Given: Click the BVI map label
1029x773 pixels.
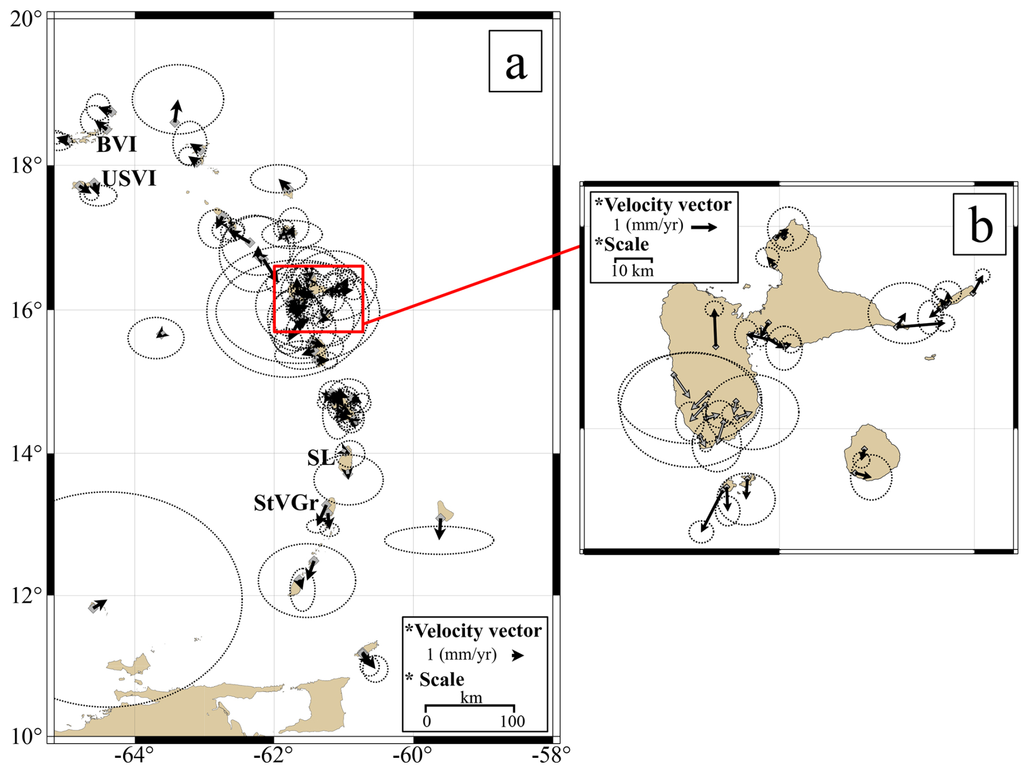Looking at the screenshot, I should tap(116, 144).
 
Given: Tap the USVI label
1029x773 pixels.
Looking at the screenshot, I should tap(129, 178).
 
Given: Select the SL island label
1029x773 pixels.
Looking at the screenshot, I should tap(320, 458).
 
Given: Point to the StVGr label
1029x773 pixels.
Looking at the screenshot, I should tap(286, 503).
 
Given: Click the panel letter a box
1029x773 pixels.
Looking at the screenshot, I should tap(515, 61).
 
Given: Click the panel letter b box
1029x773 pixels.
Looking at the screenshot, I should tap(979, 224).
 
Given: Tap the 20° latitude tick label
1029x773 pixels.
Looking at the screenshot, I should tap(26, 20).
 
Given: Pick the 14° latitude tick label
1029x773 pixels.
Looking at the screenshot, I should tap(26, 453).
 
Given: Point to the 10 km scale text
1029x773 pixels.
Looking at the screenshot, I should tap(632, 270).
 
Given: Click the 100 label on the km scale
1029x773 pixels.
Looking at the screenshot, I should tap(512, 721).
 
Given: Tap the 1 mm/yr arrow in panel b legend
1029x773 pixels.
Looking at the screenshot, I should tap(704, 227).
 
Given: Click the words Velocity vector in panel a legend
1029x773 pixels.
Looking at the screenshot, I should tap(478, 631).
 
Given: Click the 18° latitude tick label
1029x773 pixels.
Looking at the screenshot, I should tap(26, 165).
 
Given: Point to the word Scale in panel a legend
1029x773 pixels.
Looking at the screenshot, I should tap(442, 679).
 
